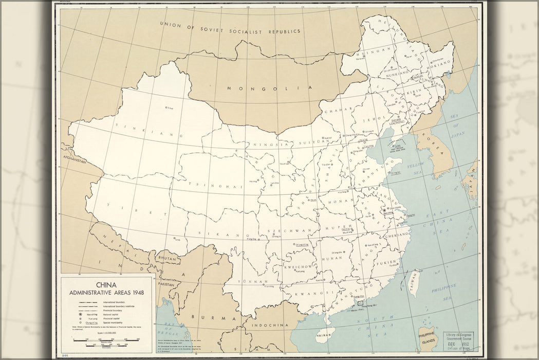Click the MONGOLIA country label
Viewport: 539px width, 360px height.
click(270, 88)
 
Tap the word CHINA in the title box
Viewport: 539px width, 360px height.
click(106, 284)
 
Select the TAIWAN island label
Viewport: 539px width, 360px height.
click(413, 282)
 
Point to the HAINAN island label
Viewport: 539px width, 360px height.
click(324, 335)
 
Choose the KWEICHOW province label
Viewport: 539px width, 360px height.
click(299, 267)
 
